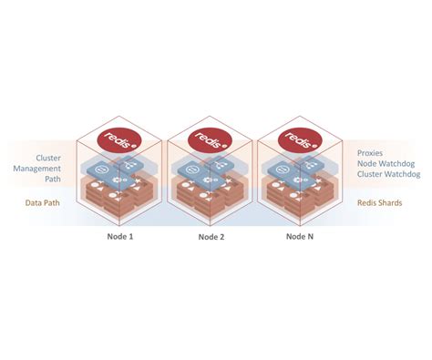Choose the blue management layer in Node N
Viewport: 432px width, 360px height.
point(298,171)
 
